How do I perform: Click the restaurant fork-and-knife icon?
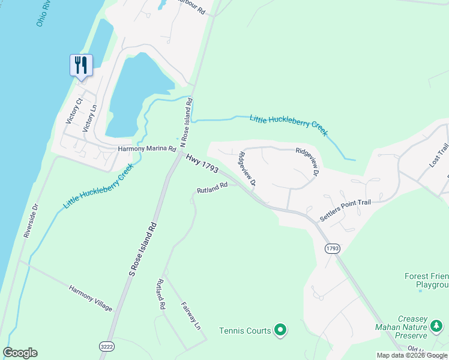tap(81, 64)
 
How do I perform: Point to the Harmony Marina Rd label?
tap(146, 148)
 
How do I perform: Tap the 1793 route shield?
tap(333, 248)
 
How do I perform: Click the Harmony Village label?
tap(90, 298)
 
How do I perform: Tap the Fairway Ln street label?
tap(190, 316)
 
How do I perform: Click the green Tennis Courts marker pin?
tap(280, 329)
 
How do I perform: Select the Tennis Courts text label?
tap(245, 331)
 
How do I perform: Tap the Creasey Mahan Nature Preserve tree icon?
tap(436, 326)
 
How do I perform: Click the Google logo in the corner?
tap(20, 353)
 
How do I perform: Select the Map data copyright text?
tap(412, 355)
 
